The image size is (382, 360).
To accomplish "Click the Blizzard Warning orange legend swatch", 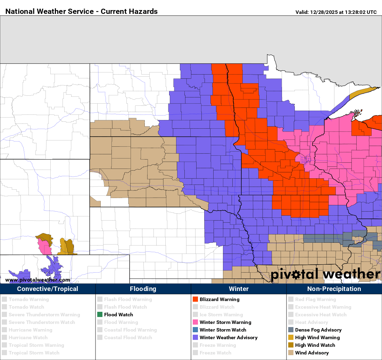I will (195, 299).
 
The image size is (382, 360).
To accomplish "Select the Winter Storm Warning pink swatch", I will (195, 322).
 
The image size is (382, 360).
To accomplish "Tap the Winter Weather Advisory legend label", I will (229, 337).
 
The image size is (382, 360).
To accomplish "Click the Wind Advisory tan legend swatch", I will (291, 353).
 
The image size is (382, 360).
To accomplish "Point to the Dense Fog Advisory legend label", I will (318, 330).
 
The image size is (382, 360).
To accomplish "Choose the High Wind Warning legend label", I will (317, 337).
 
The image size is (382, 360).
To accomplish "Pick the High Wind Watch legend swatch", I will (291, 345).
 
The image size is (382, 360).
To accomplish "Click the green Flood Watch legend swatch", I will (100, 315).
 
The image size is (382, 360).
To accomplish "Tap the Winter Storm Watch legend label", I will (223, 330).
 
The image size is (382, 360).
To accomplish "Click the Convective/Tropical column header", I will (48, 289).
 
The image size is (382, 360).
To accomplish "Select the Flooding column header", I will (143, 289).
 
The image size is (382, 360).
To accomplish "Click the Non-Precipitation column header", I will (334, 289).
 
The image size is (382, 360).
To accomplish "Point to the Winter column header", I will (239, 289).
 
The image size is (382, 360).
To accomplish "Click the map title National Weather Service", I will (82, 11).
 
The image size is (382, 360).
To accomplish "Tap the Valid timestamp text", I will (336, 12).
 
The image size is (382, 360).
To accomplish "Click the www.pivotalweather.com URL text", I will (38, 280).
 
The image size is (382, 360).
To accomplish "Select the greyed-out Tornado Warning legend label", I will (28, 299).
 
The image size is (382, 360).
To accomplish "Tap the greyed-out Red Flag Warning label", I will (315, 299).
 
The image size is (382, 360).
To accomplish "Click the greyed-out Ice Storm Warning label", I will (221, 315).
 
